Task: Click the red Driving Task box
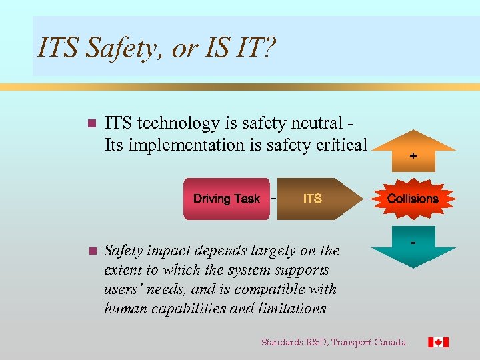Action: click(x=227, y=199)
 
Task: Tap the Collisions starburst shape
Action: click(x=413, y=199)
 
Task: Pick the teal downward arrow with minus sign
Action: click(x=413, y=250)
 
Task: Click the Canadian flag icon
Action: click(x=438, y=342)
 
